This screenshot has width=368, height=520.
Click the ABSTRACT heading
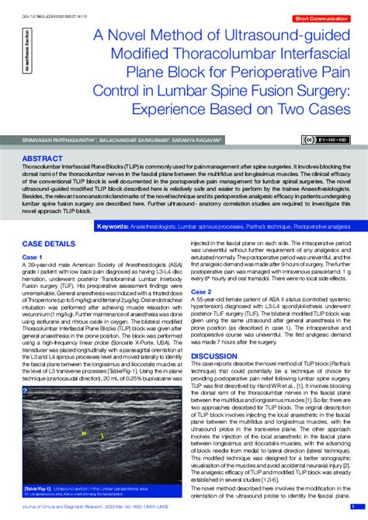pos(43,158)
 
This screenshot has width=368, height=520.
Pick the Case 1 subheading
pos(32,256)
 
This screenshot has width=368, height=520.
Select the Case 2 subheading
pos(201,291)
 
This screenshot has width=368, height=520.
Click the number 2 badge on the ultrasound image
pos(26,390)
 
